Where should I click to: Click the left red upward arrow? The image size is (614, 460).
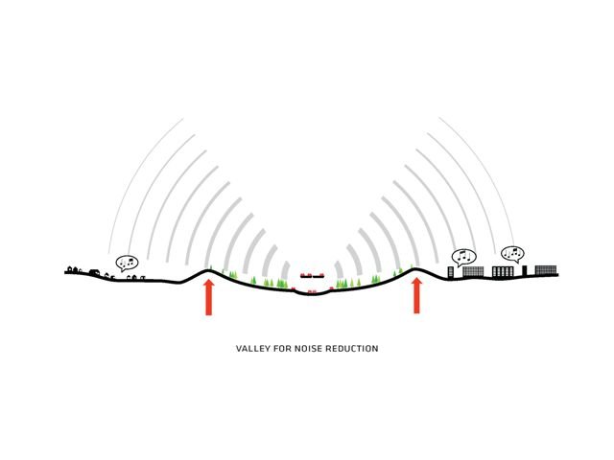pyautogui.click(x=209, y=297)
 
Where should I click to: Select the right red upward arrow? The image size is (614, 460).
pyautogui.click(x=417, y=296)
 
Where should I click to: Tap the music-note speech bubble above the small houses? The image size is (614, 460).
pyautogui.click(x=128, y=263)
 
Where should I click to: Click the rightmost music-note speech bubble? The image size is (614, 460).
pyautogui.click(x=512, y=254)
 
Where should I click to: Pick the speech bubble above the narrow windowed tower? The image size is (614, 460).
pyautogui.click(x=463, y=257)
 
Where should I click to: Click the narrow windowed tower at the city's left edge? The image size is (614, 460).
pyautogui.click(x=450, y=272)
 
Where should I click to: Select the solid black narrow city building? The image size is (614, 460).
pyautogui.click(x=525, y=270)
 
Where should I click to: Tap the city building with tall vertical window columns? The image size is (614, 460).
pyautogui.click(x=503, y=272)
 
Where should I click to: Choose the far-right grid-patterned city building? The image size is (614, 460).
pyautogui.click(x=546, y=270)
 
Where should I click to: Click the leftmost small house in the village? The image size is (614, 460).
pyautogui.click(x=70, y=268)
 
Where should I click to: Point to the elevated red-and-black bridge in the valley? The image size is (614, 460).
pyautogui.click(x=312, y=275)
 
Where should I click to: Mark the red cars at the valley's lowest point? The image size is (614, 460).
pyautogui.click(x=312, y=291)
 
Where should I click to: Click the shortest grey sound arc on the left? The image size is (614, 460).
pyautogui.click(x=285, y=270)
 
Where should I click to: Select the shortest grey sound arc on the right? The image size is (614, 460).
pyautogui.click(x=339, y=270)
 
